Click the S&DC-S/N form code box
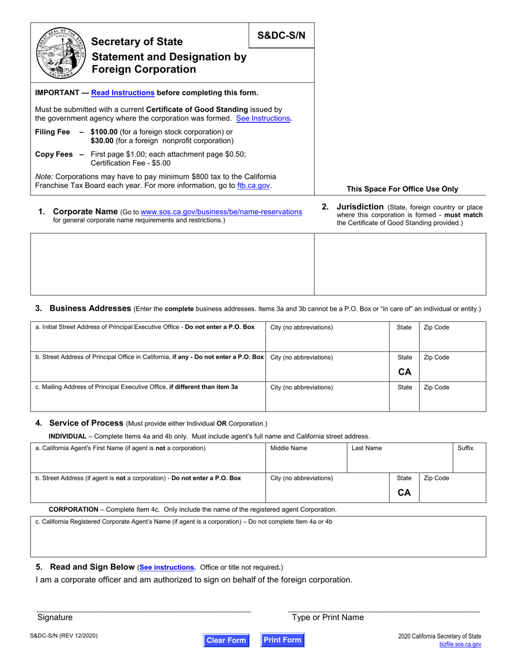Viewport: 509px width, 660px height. click(281, 35)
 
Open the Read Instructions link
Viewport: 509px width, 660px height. click(123, 92)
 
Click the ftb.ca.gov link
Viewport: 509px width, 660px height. click(253, 186)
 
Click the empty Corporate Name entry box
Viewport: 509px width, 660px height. click(172, 263)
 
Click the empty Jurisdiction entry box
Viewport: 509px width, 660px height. click(400, 263)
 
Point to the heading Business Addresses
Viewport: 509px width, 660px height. click(90, 308)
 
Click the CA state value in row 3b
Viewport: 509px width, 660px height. click(405, 371)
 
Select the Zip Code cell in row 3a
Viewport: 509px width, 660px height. click(452, 336)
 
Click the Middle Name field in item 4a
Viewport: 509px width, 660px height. click(306, 458)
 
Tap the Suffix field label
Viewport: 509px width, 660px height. click(465, 448)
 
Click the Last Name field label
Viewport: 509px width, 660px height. click(366, 448)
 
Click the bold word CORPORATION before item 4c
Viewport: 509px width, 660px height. click(73, 509)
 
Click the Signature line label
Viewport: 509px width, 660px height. click(55, 617)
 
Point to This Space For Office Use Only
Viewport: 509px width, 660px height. click(402, 189)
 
